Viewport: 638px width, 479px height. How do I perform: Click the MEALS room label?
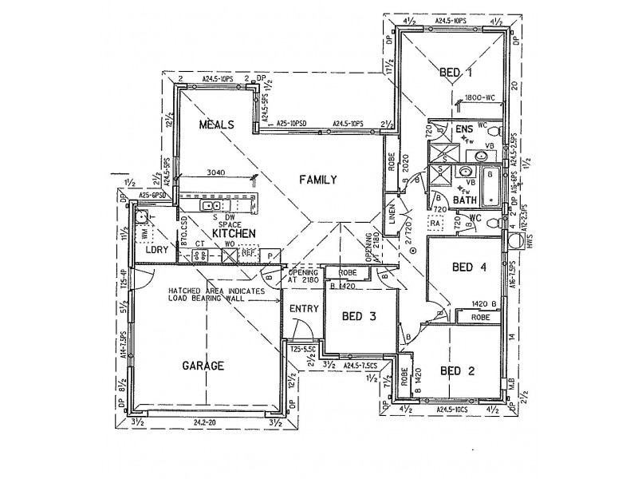tap(215, 125)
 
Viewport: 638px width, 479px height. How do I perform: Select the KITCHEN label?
tap(234, 232)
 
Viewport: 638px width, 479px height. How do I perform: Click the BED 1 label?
tap(451, 73)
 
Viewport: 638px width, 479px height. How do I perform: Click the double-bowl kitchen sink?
tap(211, 206)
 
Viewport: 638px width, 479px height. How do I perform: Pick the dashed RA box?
tap(436, 227)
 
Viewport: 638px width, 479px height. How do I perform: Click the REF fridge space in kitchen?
tap(249, 254)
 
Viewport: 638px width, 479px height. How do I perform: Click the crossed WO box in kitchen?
tap(229, 254)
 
